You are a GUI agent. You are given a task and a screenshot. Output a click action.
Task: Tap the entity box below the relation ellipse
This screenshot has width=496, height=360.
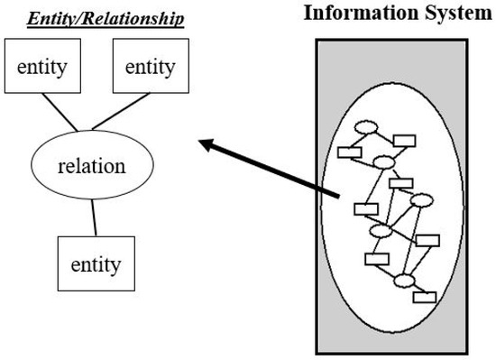(96, 265)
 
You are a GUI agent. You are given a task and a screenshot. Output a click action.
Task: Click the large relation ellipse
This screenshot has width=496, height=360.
(90, 166)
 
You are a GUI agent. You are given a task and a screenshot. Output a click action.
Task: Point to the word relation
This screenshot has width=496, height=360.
(90, 166)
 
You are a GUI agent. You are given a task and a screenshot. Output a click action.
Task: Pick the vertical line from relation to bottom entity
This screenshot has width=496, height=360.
(94, 217)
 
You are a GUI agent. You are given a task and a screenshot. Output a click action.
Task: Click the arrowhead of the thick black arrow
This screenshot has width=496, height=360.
(205, 143)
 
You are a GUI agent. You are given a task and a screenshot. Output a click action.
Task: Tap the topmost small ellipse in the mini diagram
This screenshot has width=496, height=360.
(366, 127)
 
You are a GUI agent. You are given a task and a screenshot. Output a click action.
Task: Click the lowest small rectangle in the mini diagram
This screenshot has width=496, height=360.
(425, 296)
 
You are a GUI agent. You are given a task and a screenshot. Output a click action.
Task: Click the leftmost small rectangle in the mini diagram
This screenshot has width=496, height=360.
(349, 152)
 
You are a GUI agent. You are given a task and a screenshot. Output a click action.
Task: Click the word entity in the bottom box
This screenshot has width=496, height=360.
(96, 265)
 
